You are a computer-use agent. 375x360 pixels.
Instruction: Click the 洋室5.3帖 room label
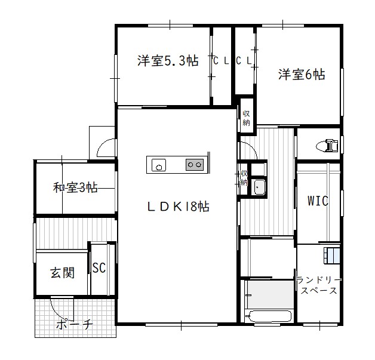(x=168, y=60)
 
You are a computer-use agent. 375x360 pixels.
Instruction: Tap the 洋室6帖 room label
(x=302, y=75)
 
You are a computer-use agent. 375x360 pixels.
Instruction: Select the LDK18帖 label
(x=178, y=207)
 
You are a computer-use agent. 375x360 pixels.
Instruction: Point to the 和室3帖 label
(x=75, y=187)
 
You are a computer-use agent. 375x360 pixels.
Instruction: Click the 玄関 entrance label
(x=63, y=273)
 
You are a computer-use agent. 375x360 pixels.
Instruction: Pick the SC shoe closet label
(x=99, y=267)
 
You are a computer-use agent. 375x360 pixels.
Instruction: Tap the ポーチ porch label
(x=75, y=324)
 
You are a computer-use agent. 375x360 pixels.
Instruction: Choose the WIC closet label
(x=318, y=201)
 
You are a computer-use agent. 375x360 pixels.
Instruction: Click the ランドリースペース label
(x=319, y=285)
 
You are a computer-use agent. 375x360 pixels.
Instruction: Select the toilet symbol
(x=327, y=145)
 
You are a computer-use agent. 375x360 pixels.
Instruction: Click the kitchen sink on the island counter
(x=159, y=165)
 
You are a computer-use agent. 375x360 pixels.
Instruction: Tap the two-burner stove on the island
(x=195, y=165)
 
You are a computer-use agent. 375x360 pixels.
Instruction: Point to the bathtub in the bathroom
(x=269, y=316)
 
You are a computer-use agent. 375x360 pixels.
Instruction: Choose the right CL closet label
(x=244, y=61)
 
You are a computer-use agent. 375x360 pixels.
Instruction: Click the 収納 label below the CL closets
(x=246, y=118)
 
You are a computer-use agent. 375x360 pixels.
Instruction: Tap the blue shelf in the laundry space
(x=332, y=256)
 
